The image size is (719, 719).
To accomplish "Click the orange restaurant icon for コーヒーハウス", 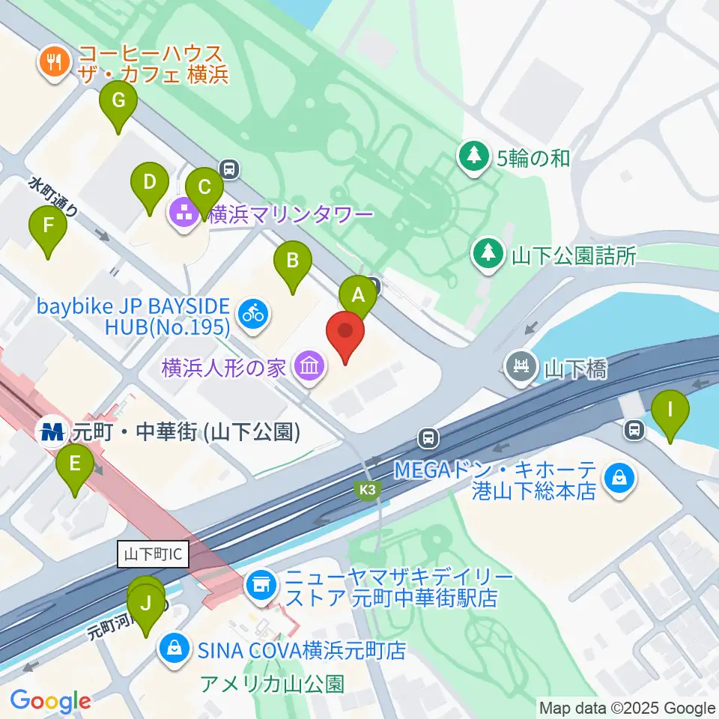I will pos(53,61).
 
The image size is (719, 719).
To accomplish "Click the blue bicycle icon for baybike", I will pos(254,313).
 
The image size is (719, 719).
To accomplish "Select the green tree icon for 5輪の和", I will pos(473,157).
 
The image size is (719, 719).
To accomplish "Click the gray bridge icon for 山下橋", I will pos(521,367).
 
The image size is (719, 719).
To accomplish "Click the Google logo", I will pos(51,702).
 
